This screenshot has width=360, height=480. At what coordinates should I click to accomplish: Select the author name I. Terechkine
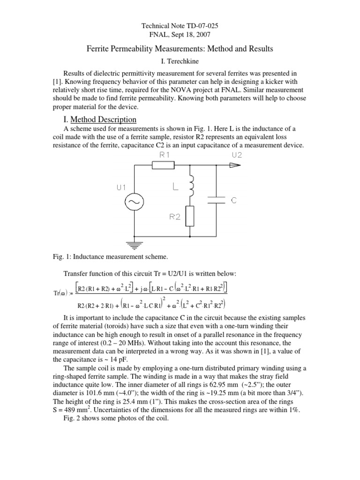click(x=180, y=60)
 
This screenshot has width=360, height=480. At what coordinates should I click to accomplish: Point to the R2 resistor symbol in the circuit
click(x=190, y=216)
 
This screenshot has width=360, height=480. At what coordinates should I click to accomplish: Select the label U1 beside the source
click(x=122, y=187)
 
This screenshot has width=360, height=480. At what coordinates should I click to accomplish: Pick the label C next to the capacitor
click(x=234, y=200)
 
